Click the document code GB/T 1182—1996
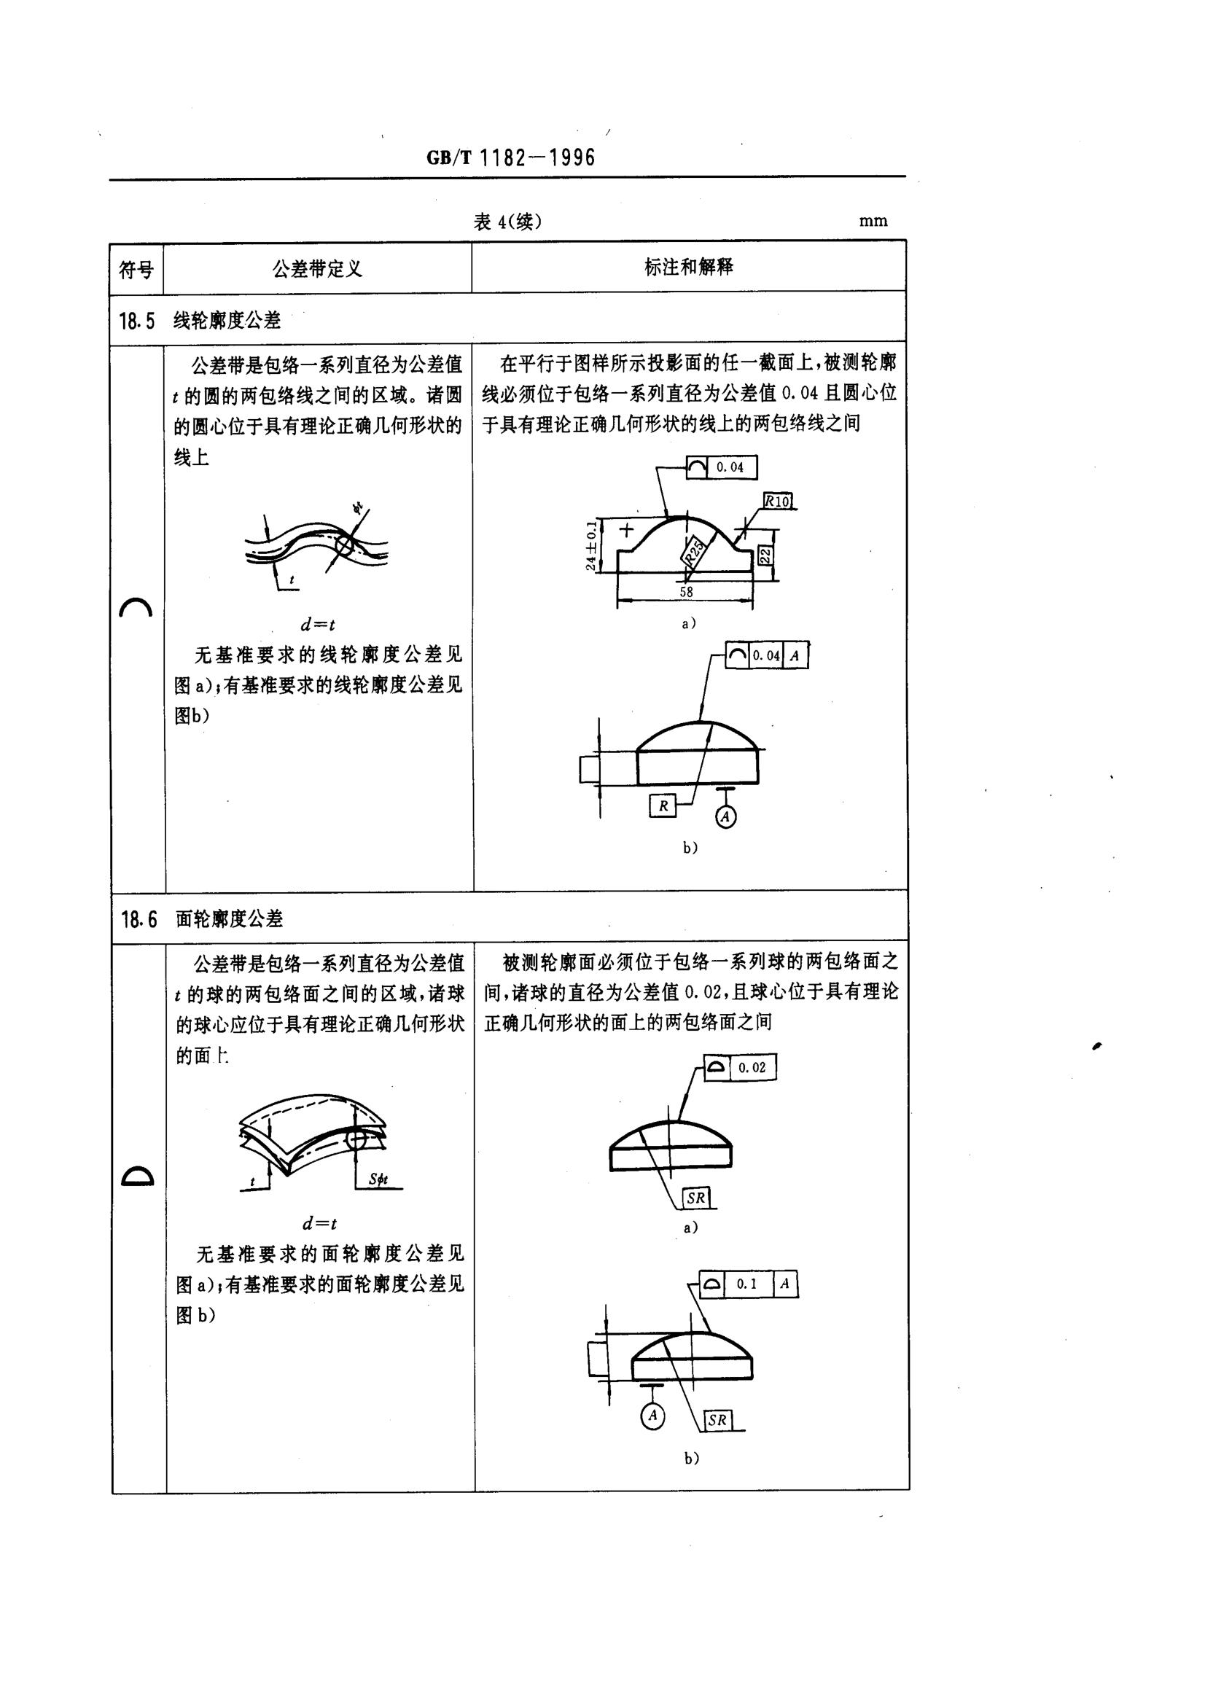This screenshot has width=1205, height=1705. point(511,158)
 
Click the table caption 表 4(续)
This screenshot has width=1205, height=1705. point(507,222)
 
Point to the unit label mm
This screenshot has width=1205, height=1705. point(873,222)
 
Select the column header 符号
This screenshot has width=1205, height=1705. point(136,269)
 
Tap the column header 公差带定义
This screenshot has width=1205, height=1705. point(317,269)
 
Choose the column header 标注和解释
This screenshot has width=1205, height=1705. point(688,268)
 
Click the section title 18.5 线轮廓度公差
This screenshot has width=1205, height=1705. point(200,321)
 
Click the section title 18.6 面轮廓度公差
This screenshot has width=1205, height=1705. point(202,919)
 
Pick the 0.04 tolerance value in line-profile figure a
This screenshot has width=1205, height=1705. point(729,467)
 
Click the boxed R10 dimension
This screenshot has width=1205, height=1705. point(777,502)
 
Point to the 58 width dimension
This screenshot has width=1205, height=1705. point(686,592)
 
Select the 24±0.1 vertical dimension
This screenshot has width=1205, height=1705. point(591,546)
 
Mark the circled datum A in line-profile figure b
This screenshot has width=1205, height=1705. point(725,817)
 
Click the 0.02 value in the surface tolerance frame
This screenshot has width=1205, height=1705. point(752,1067)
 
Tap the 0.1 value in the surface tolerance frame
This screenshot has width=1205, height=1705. point(746,1284)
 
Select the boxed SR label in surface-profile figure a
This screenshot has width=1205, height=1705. point(695,1198)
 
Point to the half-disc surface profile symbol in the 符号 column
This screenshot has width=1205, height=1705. point(137,1177)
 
